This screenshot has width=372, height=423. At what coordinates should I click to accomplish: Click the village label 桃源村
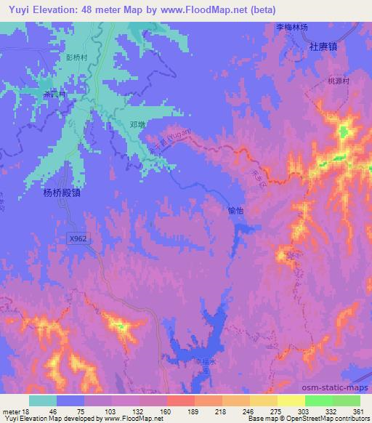click(x=339, y=83)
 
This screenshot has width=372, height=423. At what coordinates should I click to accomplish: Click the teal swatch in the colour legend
click(x=43, y=400)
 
